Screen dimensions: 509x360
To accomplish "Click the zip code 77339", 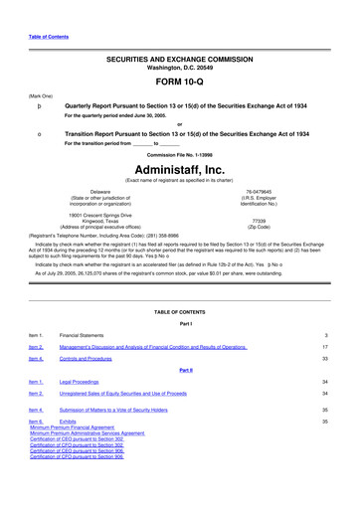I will point(260,223).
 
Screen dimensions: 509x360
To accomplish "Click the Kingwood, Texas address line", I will point(97,222).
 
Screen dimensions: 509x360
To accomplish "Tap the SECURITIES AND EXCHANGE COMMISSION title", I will point(179,60).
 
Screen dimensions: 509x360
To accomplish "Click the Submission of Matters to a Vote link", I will point(127,410).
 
